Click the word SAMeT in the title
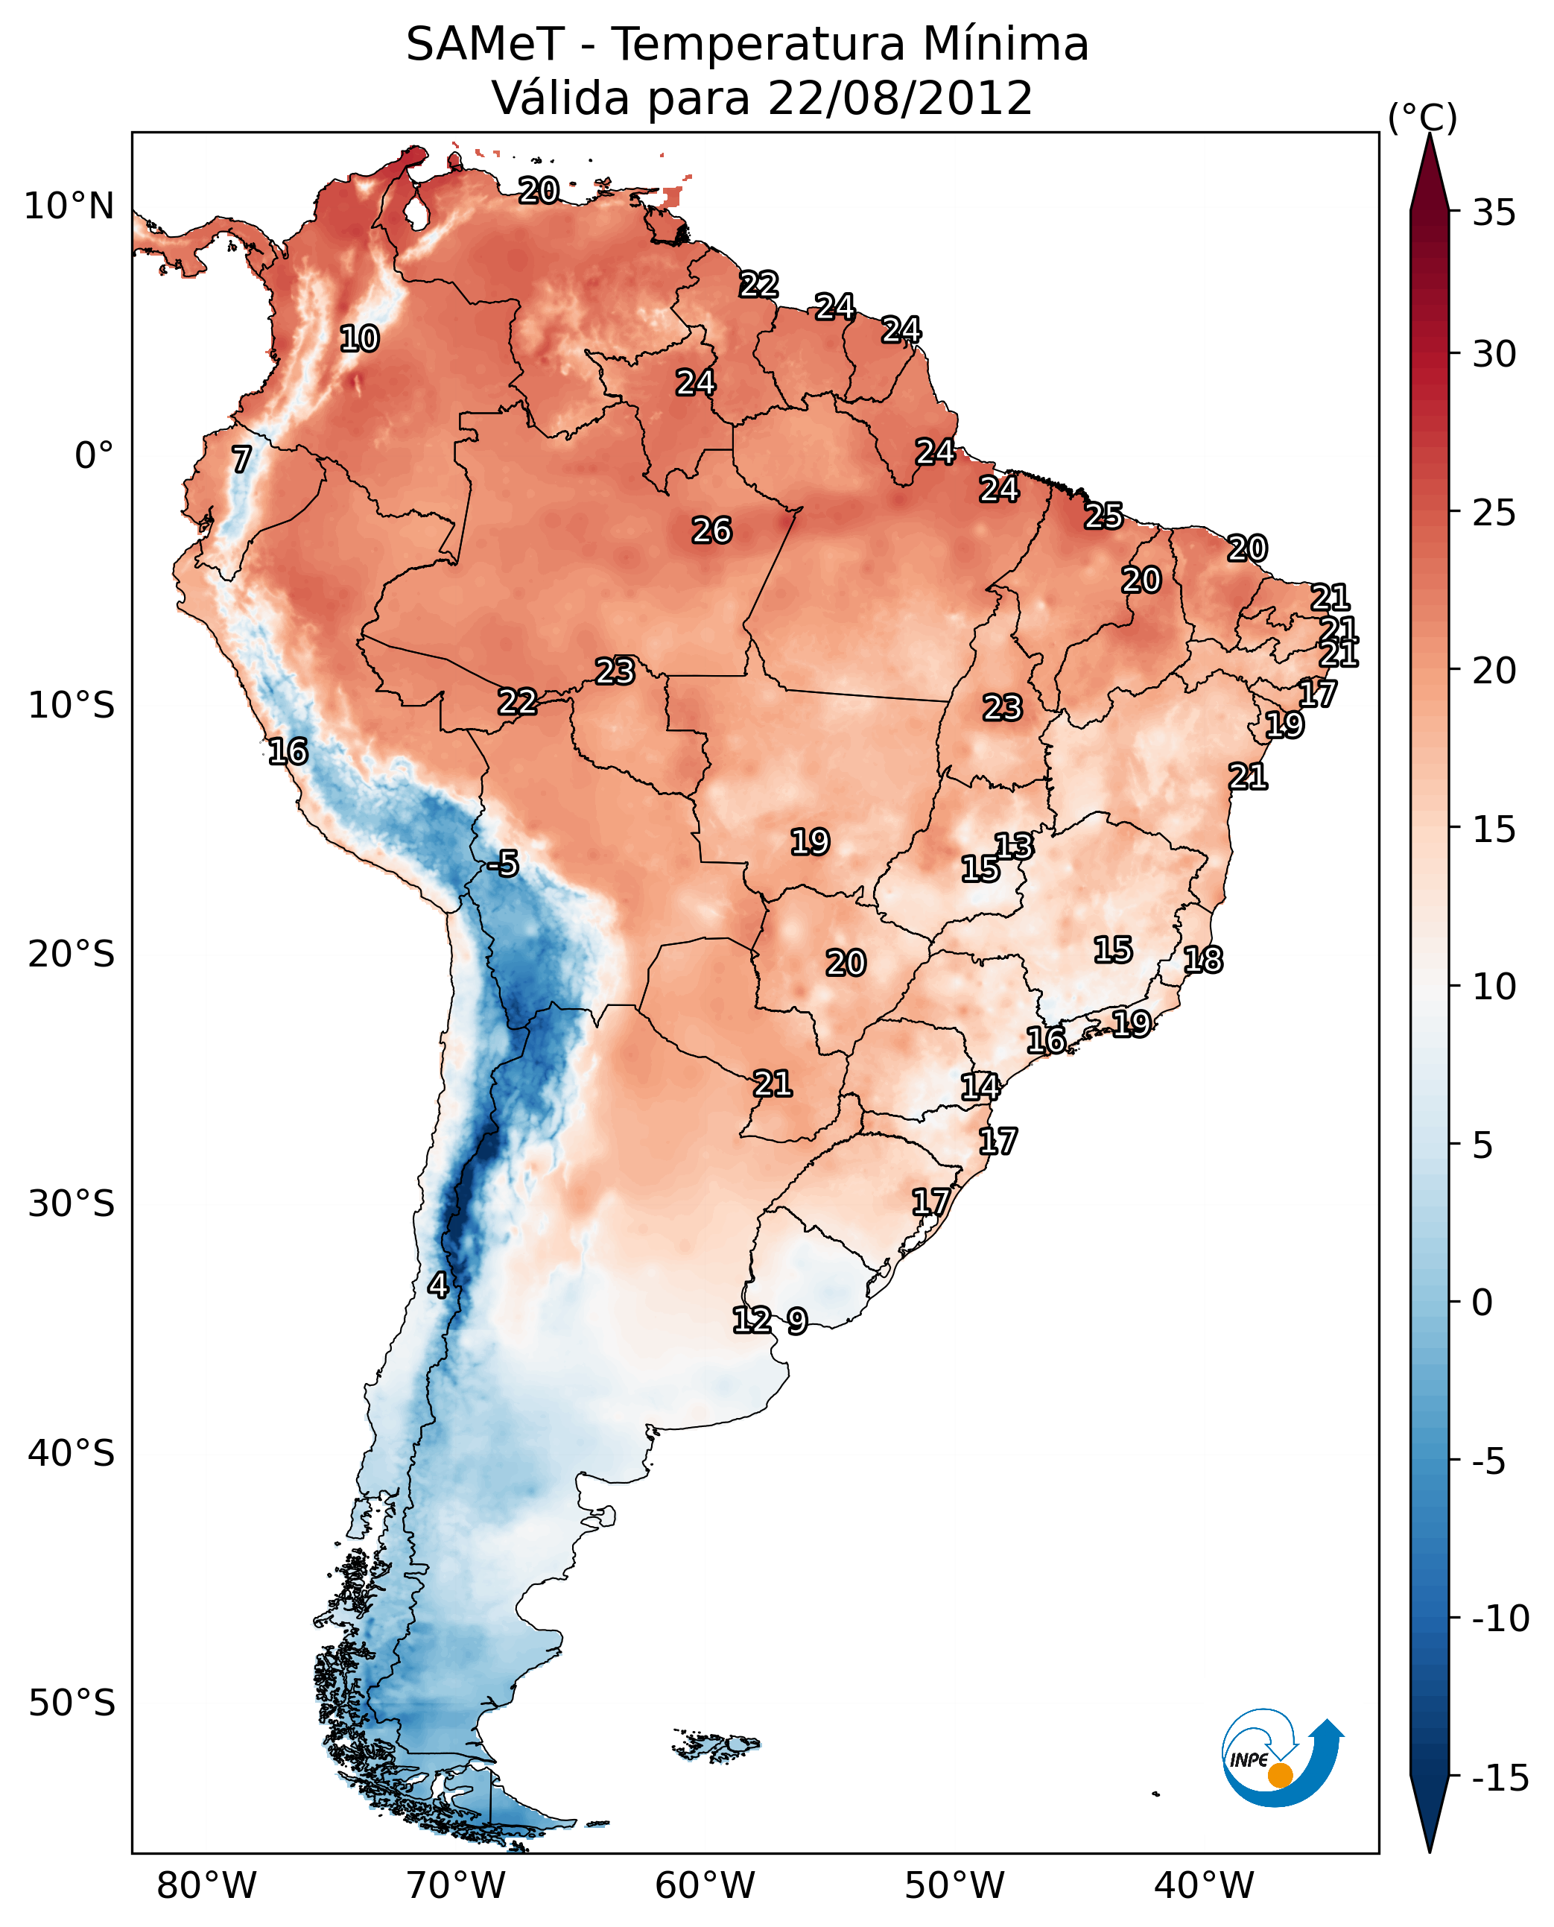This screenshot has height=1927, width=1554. pyautogui.click(x=484, y=45)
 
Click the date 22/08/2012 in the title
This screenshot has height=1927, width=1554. pyautogui.click(x=900, y=98)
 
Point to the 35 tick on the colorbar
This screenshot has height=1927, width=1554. pyautogui.click(x=1494, y=213)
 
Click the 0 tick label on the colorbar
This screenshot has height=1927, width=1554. pyautogui.click(x=1482, y=1303)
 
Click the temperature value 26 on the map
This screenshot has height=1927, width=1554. pyautogui.click(x=711, y=531)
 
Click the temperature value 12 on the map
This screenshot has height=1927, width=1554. pyautogui.click(x=752, y=1320)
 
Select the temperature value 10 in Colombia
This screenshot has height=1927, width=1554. pyautogui.click(x=360, y=339)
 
